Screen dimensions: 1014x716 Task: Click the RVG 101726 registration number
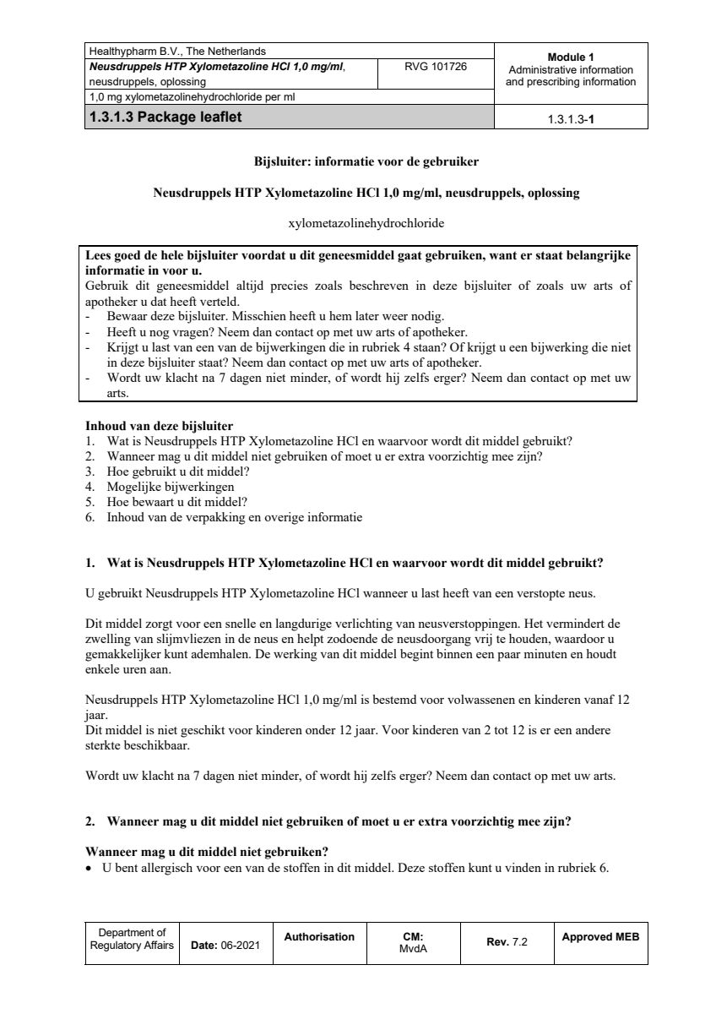coord(435,67)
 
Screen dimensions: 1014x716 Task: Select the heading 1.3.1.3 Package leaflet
coord(165,117)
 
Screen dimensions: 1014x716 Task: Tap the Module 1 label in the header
coord(571,57)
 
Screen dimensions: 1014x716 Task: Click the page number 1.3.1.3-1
coord(571,119)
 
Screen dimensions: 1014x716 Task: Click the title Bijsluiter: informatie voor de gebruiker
coord(366,161)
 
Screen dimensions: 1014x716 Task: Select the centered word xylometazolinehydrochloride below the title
coord(366,224)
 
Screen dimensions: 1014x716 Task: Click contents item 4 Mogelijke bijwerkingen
coord(170,487)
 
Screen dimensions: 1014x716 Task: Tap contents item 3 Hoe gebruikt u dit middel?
coord(177,472)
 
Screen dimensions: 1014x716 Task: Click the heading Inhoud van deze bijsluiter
coord(160,426)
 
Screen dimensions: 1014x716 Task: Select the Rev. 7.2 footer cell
coord(507,942)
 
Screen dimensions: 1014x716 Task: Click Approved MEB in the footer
coord(600,937)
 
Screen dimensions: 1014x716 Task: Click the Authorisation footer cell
coord(319,937)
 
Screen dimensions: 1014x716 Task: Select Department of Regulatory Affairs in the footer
coord(132,939)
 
